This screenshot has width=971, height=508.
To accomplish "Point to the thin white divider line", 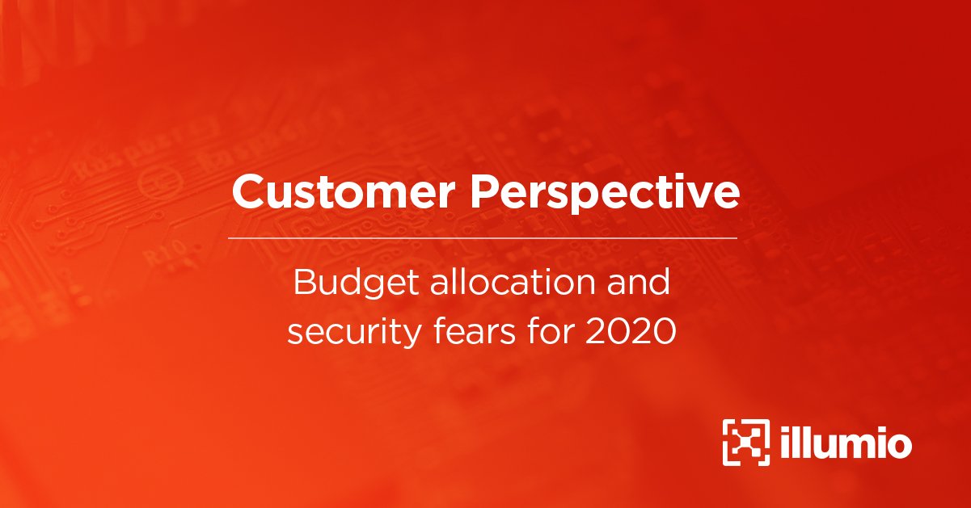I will click(x=483, y=238).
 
